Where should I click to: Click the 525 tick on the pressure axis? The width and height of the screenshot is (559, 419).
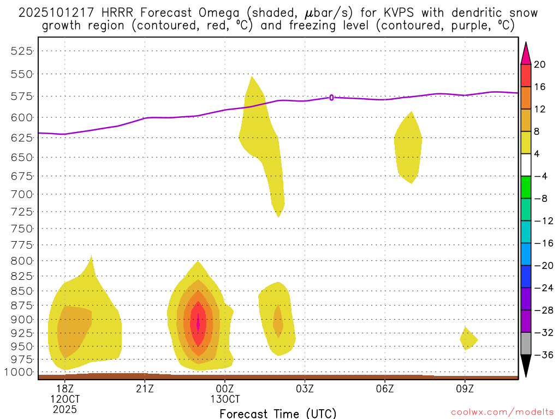(22, 51)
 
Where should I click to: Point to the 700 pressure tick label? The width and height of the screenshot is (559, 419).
(22, 194)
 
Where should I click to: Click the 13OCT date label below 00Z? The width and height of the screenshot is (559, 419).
(225, 398)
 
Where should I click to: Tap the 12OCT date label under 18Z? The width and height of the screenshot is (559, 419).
(65, 398)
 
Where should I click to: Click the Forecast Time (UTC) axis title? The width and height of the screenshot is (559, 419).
(278, 413)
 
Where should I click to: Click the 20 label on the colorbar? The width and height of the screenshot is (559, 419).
(540, 64)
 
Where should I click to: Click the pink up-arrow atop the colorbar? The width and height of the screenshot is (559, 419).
(526, 53)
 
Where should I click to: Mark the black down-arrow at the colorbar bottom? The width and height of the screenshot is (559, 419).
(526, 366)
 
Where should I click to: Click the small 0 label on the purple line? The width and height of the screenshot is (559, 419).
(331, 97)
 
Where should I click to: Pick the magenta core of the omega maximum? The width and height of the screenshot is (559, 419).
(198, 324)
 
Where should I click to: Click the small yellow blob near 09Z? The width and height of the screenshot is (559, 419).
(468, 339)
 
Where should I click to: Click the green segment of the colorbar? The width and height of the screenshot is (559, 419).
(526, 187)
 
